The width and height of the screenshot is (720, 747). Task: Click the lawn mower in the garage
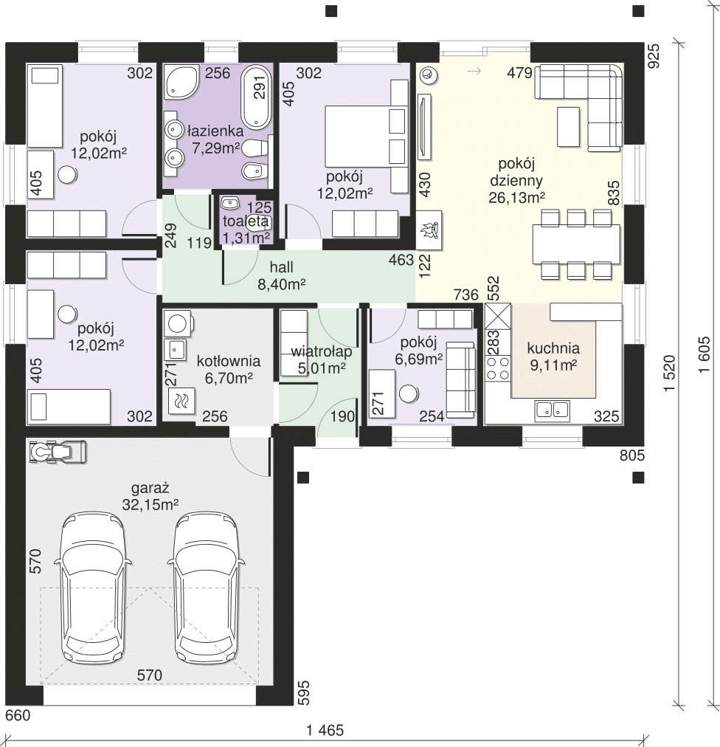[58, 452]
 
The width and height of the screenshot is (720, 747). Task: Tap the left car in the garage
[92, 589]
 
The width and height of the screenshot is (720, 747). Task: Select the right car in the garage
[205, 589]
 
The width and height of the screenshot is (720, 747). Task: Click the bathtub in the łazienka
[257, 97]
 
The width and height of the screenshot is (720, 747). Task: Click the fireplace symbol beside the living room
[429, 230]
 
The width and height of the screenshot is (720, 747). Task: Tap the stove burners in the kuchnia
[498, 368]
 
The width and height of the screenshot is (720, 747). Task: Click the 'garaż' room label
[150, 488]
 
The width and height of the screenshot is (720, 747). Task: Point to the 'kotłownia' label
[229, 361]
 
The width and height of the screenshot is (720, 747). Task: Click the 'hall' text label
[281, 266]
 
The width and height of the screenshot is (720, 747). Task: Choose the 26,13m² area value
[516, 197]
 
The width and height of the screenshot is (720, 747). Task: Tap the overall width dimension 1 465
[325, 729]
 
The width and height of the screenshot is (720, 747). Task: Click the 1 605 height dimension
[705, 354]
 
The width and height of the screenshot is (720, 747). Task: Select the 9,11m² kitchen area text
[553, 365]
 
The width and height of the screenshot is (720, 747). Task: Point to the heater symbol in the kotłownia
[181, 401]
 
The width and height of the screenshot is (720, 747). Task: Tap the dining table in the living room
[576, 244]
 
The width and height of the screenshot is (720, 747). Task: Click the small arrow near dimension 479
[474, 72]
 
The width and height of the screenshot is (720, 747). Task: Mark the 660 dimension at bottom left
[18, 715]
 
